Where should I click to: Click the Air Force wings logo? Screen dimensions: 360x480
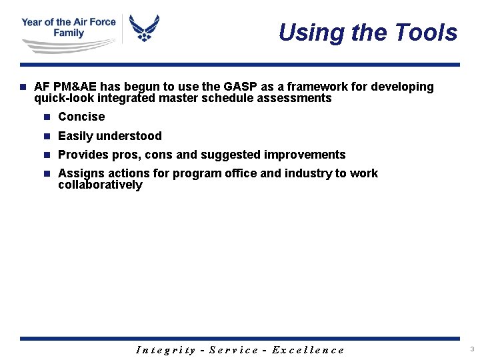coord(144,29)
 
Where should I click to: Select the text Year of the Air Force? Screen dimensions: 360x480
coord(68,22)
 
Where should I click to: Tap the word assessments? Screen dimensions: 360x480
coord(299,99)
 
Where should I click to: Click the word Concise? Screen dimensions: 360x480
coord(81,117)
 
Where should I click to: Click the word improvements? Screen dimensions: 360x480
coord(305,155)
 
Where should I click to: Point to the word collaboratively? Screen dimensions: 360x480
coord(100,185)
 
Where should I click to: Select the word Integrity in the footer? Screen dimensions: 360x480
coord(166,350)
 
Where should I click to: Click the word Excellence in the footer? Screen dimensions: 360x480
coord(308,350)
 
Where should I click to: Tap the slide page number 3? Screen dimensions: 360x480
coord(471,349)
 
